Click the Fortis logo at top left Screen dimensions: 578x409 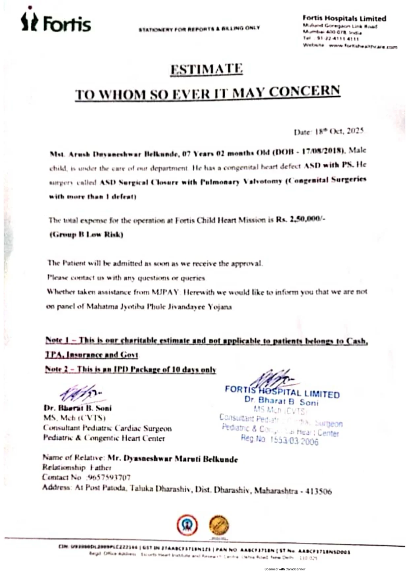(56, 22)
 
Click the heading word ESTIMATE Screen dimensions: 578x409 (206, 69)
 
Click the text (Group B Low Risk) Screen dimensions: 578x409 (86, 234)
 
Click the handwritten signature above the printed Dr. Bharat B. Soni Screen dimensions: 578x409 (81, 393)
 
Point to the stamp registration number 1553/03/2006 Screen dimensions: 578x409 (294, 441)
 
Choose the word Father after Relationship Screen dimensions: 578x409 (101, 467)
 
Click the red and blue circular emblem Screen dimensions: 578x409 (187, 525)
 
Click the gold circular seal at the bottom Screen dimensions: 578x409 (219, 525)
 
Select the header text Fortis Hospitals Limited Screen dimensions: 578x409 (344, 18)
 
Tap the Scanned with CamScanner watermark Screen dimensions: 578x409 (285, 569)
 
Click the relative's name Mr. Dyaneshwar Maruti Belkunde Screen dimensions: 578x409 (173, 459)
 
